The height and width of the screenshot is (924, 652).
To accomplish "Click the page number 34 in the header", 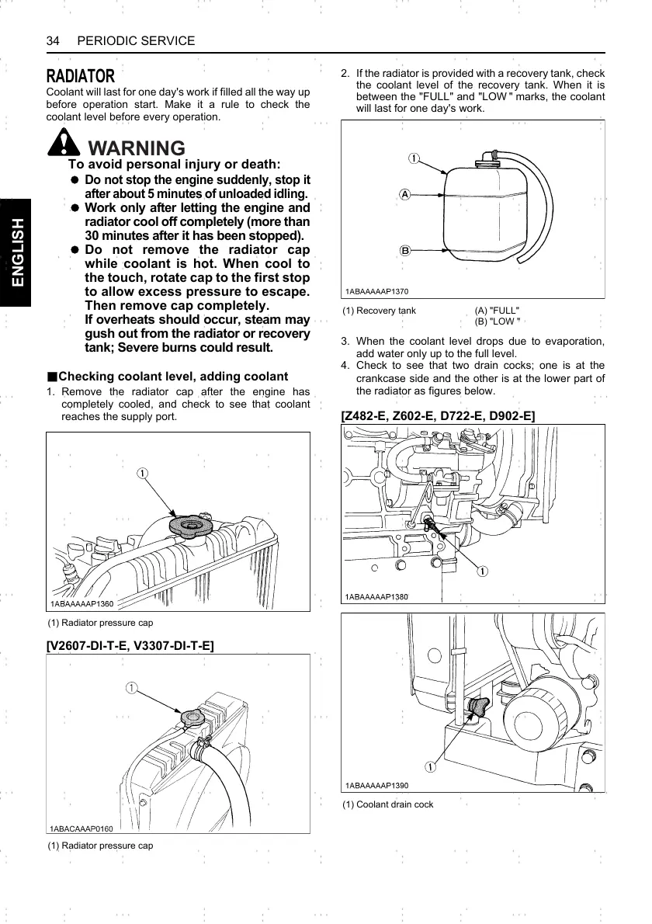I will point(54,40).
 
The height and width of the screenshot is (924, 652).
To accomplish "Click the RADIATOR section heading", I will point(81,76).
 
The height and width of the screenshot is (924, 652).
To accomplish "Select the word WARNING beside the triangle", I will point(137,148).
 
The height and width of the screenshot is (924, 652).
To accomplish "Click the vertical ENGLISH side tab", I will point(16,252).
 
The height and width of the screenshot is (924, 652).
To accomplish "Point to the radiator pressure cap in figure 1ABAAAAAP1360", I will point(190,526).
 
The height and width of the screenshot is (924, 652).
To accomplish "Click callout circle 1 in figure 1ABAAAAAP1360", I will point(143,473).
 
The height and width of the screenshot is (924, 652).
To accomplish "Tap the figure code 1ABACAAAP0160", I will point(81,828).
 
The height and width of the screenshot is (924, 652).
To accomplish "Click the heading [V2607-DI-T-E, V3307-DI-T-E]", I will point(130,644).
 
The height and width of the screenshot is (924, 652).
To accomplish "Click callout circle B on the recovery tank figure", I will point(404,250).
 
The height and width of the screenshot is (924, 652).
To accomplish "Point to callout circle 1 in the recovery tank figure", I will point(414,158).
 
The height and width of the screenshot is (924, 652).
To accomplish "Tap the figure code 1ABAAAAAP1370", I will point(377,292).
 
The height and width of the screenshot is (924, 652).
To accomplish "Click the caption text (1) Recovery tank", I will point(380,311).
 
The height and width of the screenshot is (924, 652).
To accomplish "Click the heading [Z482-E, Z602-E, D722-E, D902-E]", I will point(438,416).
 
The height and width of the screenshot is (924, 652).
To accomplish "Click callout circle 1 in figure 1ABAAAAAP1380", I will point(482,571).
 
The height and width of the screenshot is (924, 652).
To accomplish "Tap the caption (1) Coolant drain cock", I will point(387,804).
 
